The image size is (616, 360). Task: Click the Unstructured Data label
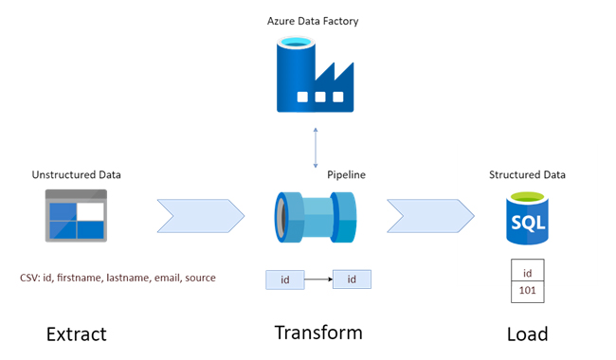click(77, 174)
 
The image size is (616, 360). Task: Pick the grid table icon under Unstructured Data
click(77, 215)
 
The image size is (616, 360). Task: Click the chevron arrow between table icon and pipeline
click(199, 215)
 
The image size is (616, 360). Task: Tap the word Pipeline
click(346, 174)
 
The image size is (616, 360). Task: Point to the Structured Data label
click(527, 174)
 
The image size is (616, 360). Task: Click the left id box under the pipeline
click(285, 279)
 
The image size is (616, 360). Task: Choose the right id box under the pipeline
click(352, 279)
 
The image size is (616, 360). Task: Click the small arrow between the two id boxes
click(318, 279)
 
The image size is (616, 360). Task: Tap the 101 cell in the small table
click(528, 292)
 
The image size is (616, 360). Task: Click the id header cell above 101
click(528, 272)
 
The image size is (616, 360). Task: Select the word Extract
click(77, 334)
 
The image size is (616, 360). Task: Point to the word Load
click(527, 334)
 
